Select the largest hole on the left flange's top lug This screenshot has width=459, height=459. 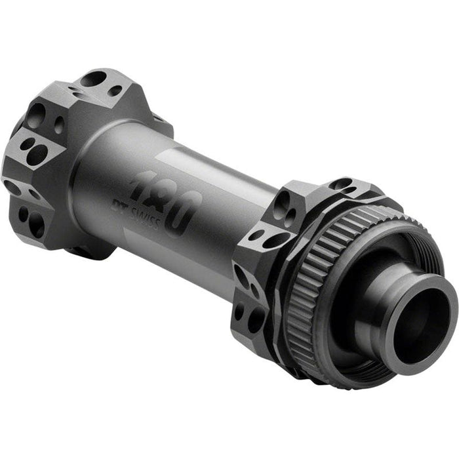click(93, 79)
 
